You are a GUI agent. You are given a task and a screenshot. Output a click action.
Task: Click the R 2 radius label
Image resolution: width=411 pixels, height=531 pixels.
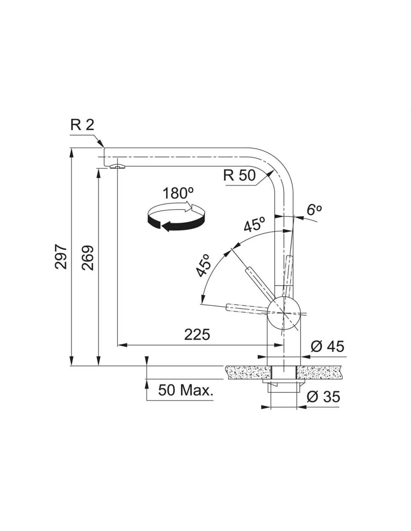click(x=82, y=125)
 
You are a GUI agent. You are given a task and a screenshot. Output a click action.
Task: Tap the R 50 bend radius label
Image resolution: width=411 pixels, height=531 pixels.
click(x=240, y=175)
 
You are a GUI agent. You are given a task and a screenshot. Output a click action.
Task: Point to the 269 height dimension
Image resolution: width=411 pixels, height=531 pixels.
click(x=87, y=258)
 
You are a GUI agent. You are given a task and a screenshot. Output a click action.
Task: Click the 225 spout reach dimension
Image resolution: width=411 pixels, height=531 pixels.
click(x=197, y=335)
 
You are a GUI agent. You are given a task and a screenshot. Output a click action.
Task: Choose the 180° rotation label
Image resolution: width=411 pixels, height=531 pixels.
click(x=178, y=193)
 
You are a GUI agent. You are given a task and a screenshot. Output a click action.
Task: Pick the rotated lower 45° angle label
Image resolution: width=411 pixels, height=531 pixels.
click(x=203, y=265)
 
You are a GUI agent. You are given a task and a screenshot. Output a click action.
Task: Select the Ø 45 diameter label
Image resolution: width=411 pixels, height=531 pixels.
click(x=327, y=346)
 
